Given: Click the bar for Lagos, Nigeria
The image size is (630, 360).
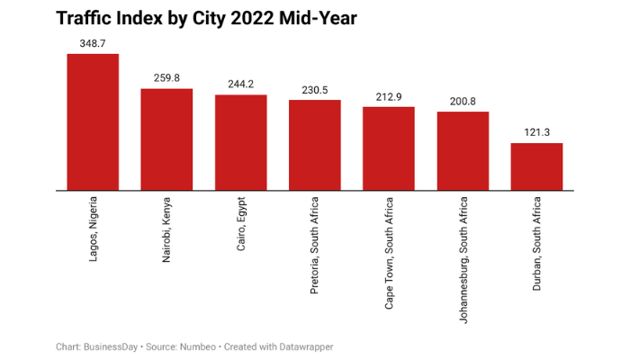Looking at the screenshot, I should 93,122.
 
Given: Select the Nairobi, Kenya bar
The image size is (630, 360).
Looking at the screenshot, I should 166,139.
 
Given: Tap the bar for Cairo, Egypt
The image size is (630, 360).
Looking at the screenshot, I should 240,142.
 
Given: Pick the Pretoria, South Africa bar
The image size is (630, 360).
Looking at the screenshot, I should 314,145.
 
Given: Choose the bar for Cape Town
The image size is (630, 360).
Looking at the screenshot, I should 389,148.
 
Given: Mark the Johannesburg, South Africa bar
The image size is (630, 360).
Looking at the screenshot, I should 463,151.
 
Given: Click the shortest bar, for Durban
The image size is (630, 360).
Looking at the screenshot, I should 536,166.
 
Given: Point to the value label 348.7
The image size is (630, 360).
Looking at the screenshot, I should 93,42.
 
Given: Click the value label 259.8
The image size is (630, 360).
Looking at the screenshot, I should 166,77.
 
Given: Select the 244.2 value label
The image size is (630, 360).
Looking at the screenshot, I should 240,84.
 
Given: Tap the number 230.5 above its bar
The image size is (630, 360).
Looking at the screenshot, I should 314,89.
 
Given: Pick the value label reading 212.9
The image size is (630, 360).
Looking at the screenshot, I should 389,95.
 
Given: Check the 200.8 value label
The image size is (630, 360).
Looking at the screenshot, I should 463,101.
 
